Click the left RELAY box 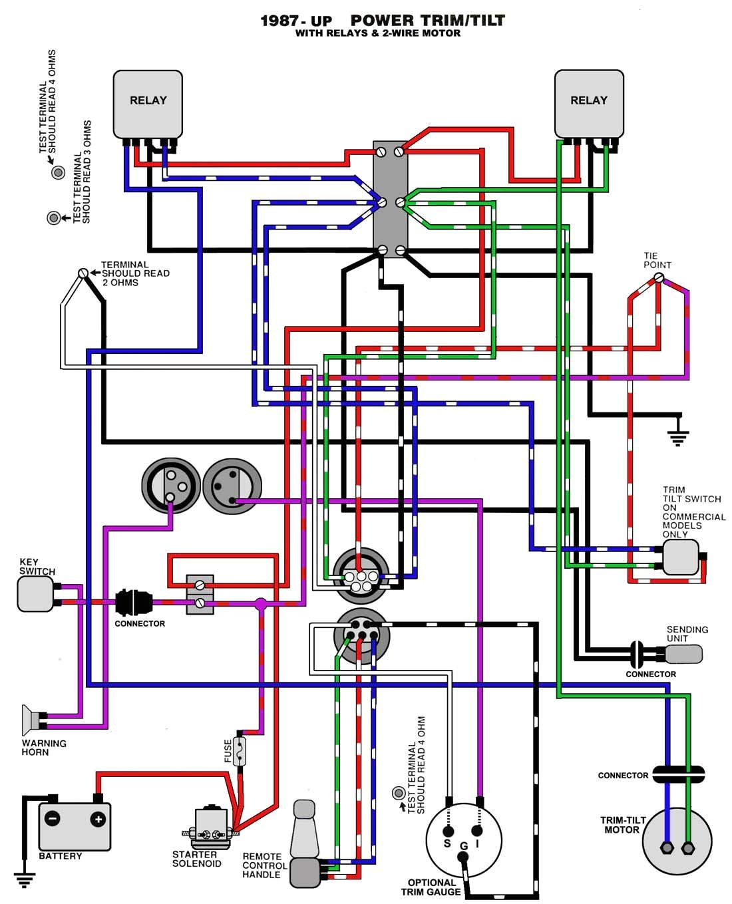(148, 104)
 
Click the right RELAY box (589, 104)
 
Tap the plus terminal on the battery (98, 820)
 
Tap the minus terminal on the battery (52, 819)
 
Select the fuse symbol (239, 751)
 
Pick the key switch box (35, 594)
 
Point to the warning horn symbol (31, 720)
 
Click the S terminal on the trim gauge (448, 831)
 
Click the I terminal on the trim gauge (477, 831)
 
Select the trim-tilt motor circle (677, 841)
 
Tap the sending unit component (683, 655)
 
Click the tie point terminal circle (659, 278)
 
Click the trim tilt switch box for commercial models (680, 557)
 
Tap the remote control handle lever (305, 831)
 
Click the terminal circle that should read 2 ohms (83, 273)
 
